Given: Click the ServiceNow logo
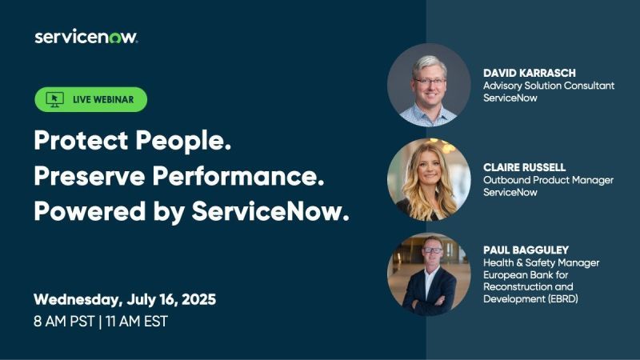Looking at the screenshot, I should (x=86, y=38).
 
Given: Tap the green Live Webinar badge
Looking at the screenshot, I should (x=90, y=99).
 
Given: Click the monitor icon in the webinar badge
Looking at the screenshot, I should (x=54, y=99).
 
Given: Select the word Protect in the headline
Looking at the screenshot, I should (x=74, y=142).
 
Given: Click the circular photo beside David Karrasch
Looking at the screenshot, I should (x=429, y=85).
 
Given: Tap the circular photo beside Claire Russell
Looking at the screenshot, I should (x=429, y=180).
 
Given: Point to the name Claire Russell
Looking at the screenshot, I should (x=524, y=167).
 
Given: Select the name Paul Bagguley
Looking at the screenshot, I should (x=527, y=250).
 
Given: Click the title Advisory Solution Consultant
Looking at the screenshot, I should (x=549, y=85).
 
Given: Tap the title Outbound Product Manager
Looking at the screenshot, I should (x=548, y=180).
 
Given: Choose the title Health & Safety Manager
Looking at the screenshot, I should (x=541, y=262).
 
